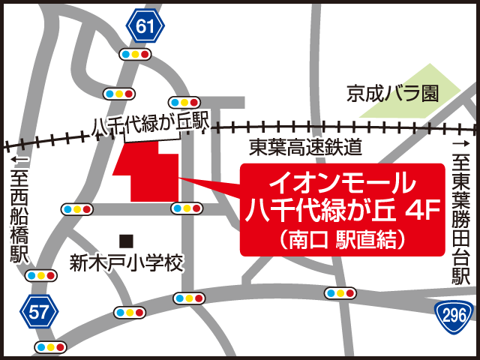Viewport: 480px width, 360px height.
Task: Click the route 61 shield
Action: tap(146, 28)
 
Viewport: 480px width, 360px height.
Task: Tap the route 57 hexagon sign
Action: tap(40, 310)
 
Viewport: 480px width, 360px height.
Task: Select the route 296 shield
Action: tap(454, 311)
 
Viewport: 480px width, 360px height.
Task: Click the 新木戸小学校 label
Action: tap(126, 263)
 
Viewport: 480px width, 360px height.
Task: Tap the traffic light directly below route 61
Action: tap(136, 55)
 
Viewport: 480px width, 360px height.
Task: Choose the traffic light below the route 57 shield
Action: tap(50, 347)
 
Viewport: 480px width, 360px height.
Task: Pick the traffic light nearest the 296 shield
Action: tap(340, 293)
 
